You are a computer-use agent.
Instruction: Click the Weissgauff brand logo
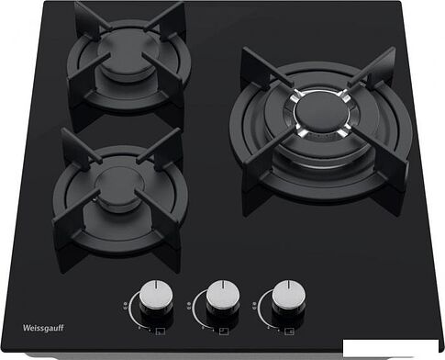pyautogui.click(x=43, y=328)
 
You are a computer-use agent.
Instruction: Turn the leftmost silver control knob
pyautogui.click(x=156, y=297)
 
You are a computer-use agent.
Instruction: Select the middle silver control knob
pyautogui.click(x=223, y=297)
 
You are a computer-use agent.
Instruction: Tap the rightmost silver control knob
pyautogui.click(x=289, y=297)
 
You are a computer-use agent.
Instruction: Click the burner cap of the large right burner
pyautogui.click(x=320, y=112)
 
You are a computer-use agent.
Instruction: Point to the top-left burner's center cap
pyautogui.click(x=126, y=56)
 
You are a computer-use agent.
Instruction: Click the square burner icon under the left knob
pyautogui.click(x=161, y=332)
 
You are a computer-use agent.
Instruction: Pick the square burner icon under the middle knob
pyautogui.click(x=224, y=332)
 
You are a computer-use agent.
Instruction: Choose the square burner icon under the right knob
pyautogui.click(x=289, y=332)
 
